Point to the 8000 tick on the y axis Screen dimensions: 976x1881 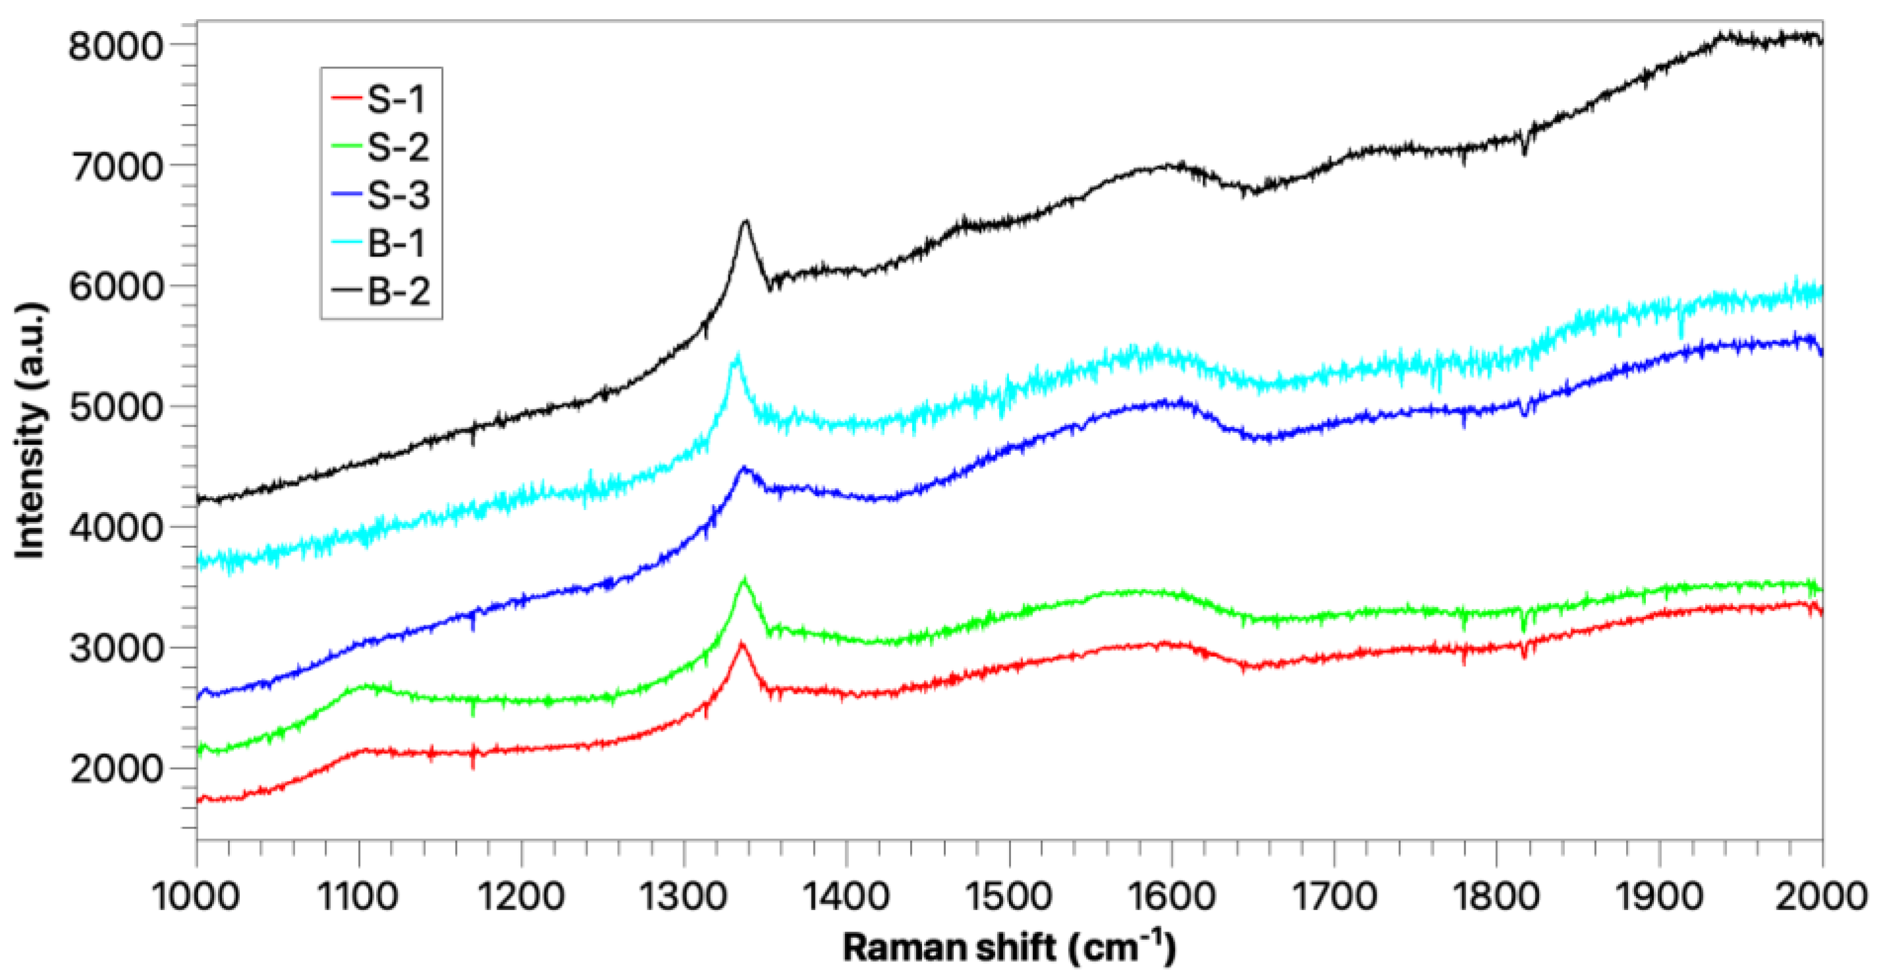[115, 46]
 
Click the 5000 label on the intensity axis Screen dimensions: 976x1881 [115, 407]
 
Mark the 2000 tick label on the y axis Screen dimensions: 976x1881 [115, 768]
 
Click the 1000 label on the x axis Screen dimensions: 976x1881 [196, 896]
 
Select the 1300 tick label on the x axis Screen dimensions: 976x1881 [684, 896]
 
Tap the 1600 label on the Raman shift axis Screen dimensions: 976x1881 [1171, 896]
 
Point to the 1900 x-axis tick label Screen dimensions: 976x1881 [1659, 896]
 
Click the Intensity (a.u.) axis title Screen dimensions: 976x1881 [31, 431]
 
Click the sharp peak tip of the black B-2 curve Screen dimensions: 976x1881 [746, 221]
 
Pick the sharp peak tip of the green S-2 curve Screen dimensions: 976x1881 [744, 579]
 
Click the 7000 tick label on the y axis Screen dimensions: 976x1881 [115, 167]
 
